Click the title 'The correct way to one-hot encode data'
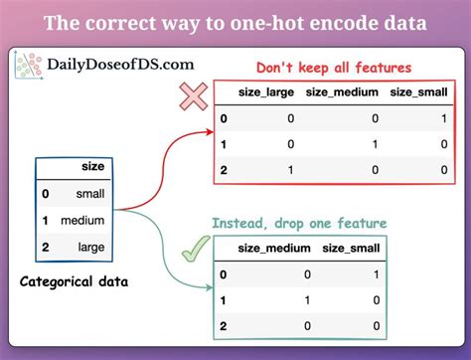click(x=235, y=22)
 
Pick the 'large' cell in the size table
click(x=88, y=243)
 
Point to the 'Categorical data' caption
click(x=72, y=282)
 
